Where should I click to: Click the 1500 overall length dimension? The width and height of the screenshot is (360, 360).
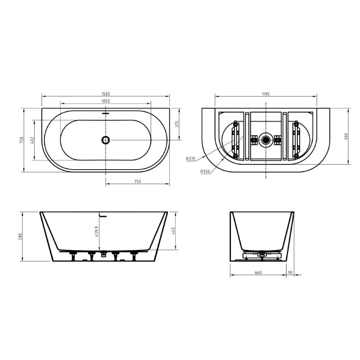pos(106,94)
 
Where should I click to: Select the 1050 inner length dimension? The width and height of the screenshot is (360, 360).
pos(106,101)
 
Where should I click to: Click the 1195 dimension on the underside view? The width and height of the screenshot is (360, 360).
pos(265,94)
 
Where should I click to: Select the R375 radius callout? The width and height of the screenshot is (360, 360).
pos(191,158)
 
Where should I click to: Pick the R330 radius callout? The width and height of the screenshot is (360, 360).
pos(204,171)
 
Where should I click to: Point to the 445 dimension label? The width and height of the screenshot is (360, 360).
pos(173,231)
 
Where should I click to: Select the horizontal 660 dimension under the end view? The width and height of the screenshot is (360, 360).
pos(258,272)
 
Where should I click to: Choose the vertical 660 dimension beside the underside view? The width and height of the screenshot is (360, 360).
pos(346,136)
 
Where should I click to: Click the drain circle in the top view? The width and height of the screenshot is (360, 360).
pos(106,140)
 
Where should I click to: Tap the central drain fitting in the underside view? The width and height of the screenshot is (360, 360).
pos(266,140)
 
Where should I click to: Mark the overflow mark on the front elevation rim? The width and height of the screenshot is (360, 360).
pos(104,216)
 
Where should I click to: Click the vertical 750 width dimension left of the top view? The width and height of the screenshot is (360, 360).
pos(21,140)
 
